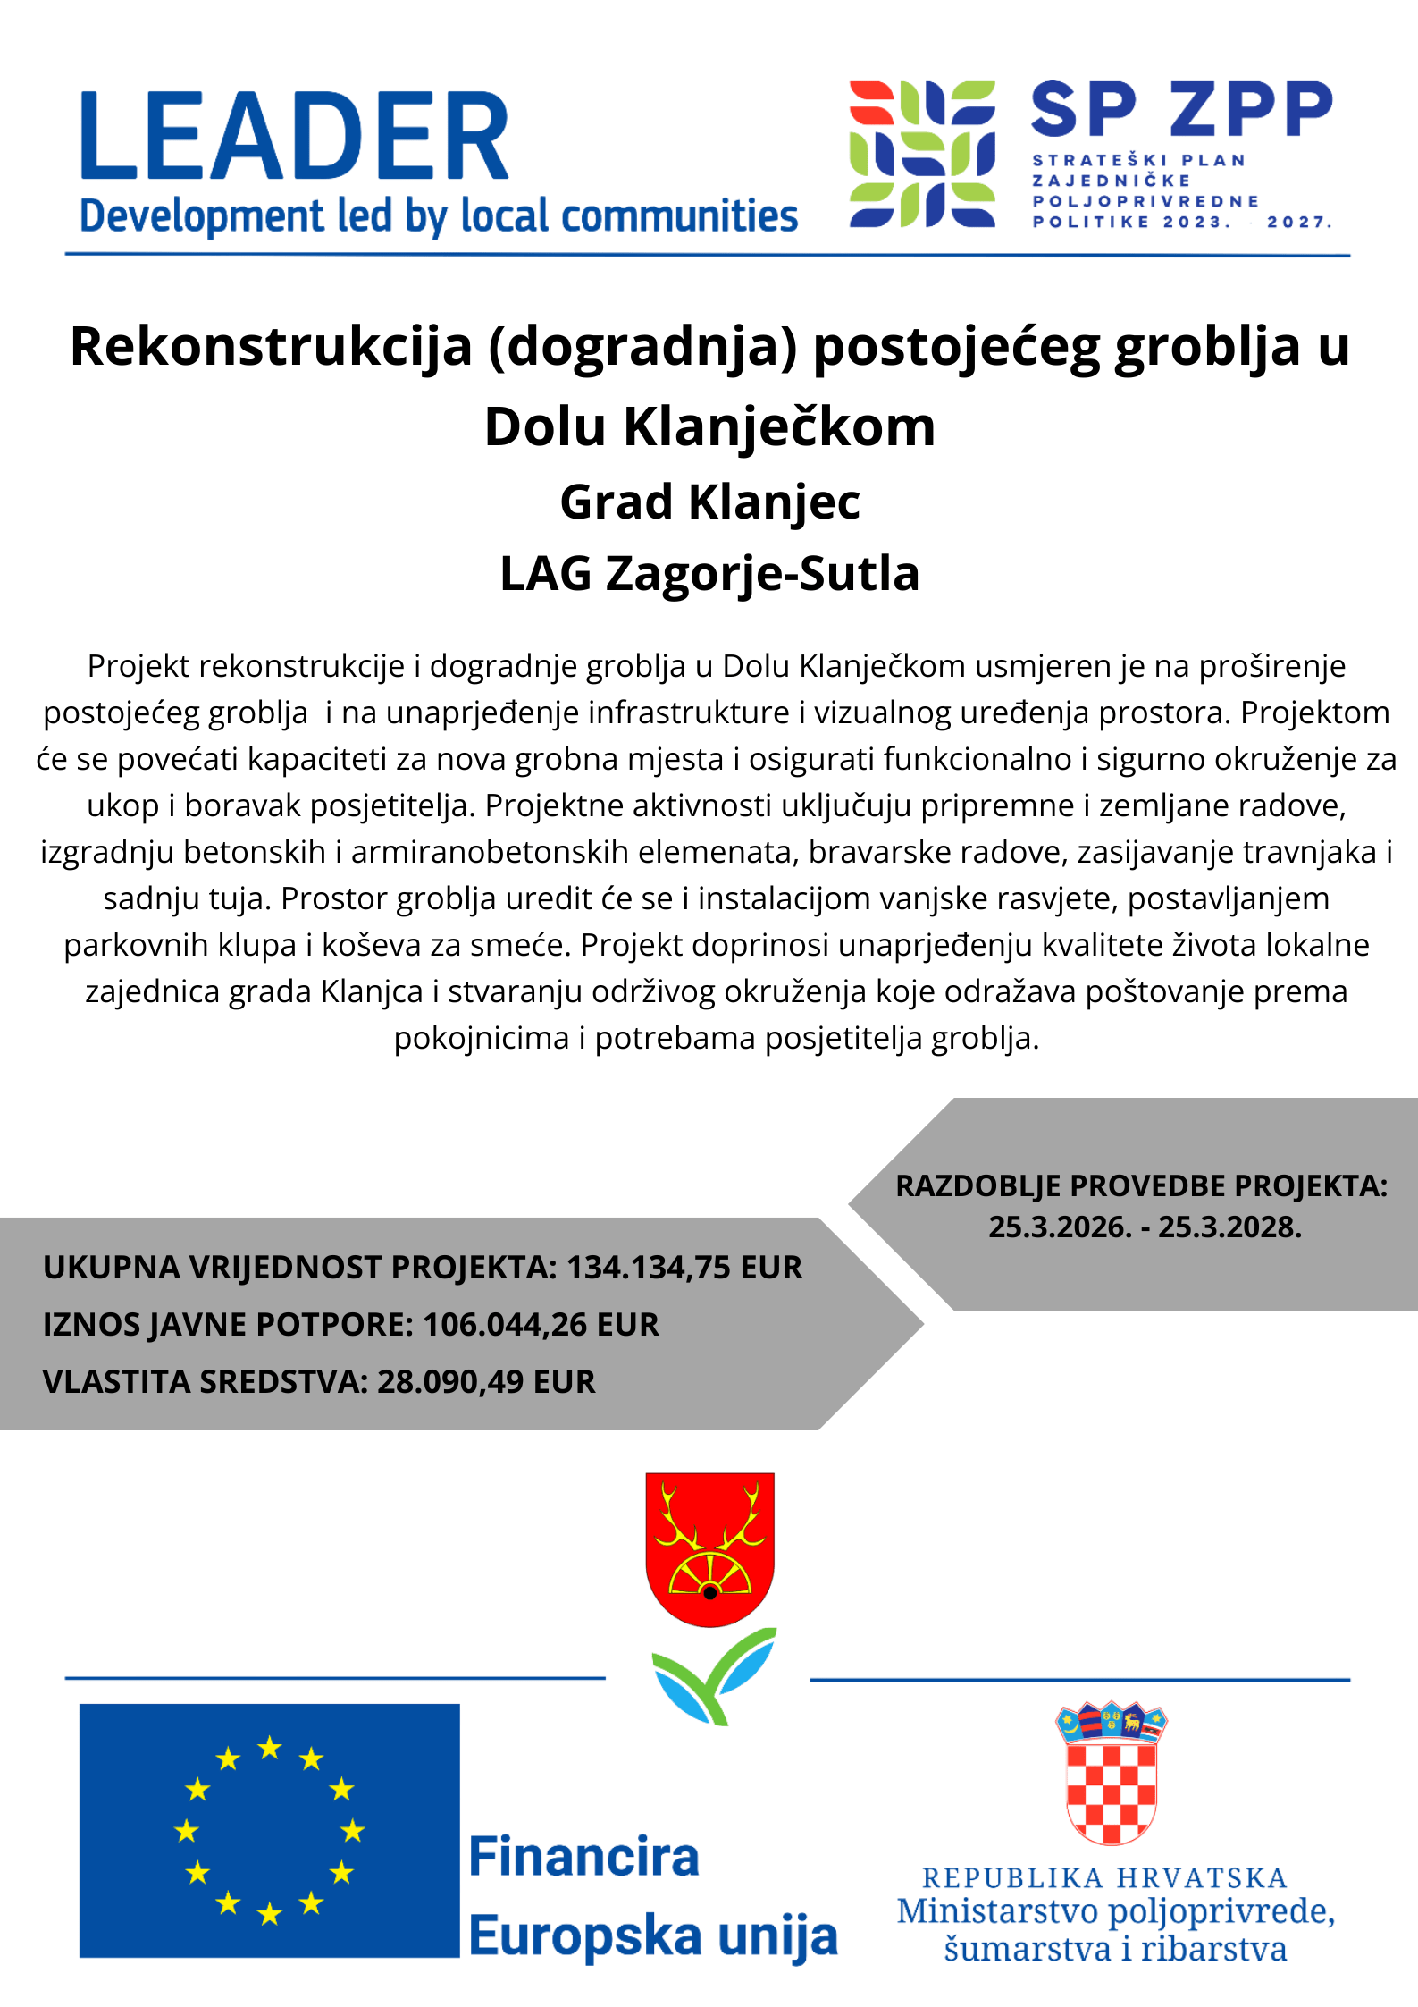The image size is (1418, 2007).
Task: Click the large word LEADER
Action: tap(295, 136)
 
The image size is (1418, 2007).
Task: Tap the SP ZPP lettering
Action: tap(1181, 109)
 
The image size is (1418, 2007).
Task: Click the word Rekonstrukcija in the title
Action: tap(270, 347)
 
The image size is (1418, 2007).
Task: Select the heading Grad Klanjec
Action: tap(709, 502)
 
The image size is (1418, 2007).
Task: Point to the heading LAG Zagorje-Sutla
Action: tap(709, 573)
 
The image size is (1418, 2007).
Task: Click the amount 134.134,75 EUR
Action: tap(684, 1268)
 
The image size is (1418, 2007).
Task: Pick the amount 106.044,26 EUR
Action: tap(541, 1325)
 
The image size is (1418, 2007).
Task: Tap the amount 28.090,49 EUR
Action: tap(486, 1382)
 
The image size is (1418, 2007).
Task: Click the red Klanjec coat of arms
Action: tap(709, 1547)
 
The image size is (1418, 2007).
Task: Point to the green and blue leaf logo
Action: tap(714, 1674)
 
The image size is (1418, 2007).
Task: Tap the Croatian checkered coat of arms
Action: tap(1112, 1774)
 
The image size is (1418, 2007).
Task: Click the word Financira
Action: tap(583, 1858)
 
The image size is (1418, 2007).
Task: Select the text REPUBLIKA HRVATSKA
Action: tap(1104, 1878)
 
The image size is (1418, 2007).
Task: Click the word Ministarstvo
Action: tap(998, 1912)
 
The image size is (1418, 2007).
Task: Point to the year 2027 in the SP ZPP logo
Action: tap(1297, 222)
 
